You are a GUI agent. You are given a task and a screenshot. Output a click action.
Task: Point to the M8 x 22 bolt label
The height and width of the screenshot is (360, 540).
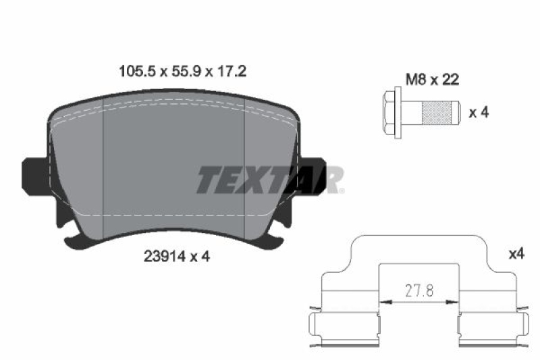pos(432,80)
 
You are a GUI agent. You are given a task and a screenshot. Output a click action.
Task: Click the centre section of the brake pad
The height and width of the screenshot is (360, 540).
pos(171,169)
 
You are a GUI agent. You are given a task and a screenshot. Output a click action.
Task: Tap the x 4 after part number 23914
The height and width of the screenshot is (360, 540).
pos(198,257)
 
